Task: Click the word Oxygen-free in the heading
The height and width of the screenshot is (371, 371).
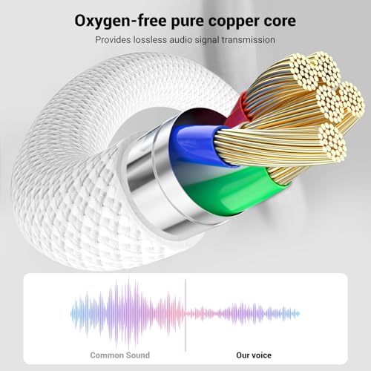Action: [120, 22]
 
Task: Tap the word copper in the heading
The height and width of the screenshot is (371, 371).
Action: [231, 22]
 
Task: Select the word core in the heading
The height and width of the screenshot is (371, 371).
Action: [278, 22]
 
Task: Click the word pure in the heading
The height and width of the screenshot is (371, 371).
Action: [187, 22]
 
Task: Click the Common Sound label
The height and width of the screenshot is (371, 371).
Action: [120, 355]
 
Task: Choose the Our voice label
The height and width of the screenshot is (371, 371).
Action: [254, 355]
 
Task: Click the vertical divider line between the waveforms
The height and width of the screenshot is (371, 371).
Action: [185, 315]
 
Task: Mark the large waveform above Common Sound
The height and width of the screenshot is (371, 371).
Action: [128, 314]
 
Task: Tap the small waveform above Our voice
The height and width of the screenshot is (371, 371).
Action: [243, 314]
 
